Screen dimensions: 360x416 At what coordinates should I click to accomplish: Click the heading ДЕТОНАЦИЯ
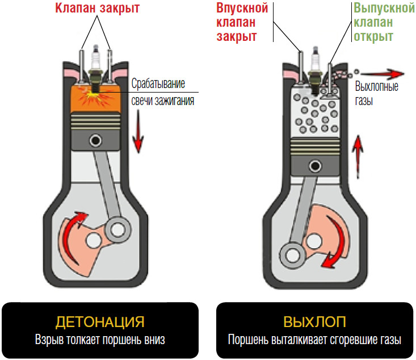[99, 322]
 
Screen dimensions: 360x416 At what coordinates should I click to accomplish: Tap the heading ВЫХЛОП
[314, 322]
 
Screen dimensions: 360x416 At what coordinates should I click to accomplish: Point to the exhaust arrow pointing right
[383, 73]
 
